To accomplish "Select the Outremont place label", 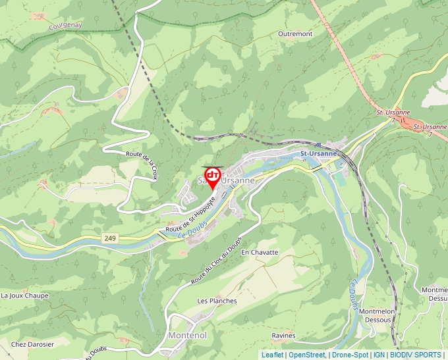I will click(x=295, y=34).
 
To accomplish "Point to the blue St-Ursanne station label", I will click(x=318, y=153).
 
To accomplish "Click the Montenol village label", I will click(x=188, y=336).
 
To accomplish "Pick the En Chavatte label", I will click(x=260, y=252).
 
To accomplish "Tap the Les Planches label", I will click(x=217, y=301).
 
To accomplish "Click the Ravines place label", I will click(x=283, y=336).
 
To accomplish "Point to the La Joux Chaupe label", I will click(x=25, y=296).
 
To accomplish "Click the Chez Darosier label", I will click(x=32, y=344).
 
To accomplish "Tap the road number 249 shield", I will click(x=109, y=237).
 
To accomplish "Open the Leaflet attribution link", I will click(x=272, y=355).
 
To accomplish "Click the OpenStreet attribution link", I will click(x=307, y=355).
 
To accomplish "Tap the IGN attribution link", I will click(x=379, y=355).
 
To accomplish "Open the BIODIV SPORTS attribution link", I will click(x=416, y=355).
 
